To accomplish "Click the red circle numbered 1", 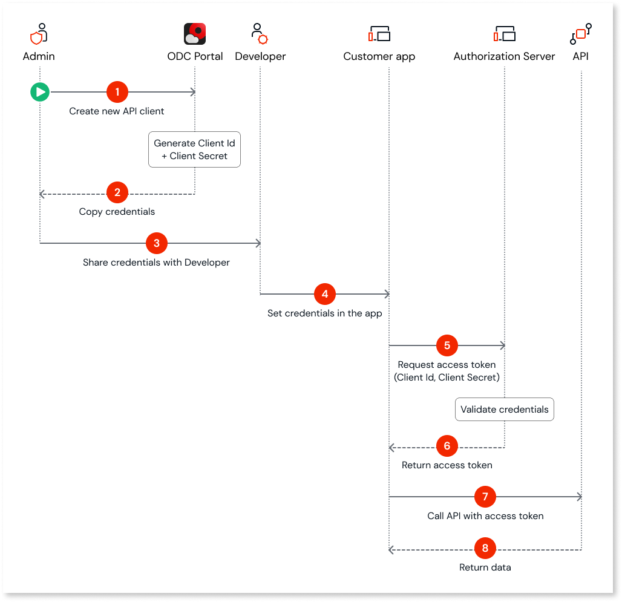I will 117,92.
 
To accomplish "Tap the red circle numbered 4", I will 325,294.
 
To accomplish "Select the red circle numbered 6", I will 447,447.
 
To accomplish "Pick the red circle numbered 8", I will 485,549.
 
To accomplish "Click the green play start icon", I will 40,92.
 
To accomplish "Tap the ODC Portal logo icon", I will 195,34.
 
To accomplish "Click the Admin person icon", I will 39,34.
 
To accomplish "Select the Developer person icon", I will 260,34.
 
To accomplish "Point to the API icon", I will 581,34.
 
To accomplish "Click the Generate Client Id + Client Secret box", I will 195,149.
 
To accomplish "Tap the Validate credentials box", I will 505,410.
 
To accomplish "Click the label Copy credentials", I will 117,212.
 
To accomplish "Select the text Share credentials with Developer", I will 156,263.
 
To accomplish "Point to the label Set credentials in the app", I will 325,313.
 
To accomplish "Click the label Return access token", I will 447,465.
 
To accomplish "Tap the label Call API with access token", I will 485,516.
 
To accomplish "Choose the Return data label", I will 485,568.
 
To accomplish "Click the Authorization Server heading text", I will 504,56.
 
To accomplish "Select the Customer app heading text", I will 379,56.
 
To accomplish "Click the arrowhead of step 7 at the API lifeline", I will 579,497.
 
